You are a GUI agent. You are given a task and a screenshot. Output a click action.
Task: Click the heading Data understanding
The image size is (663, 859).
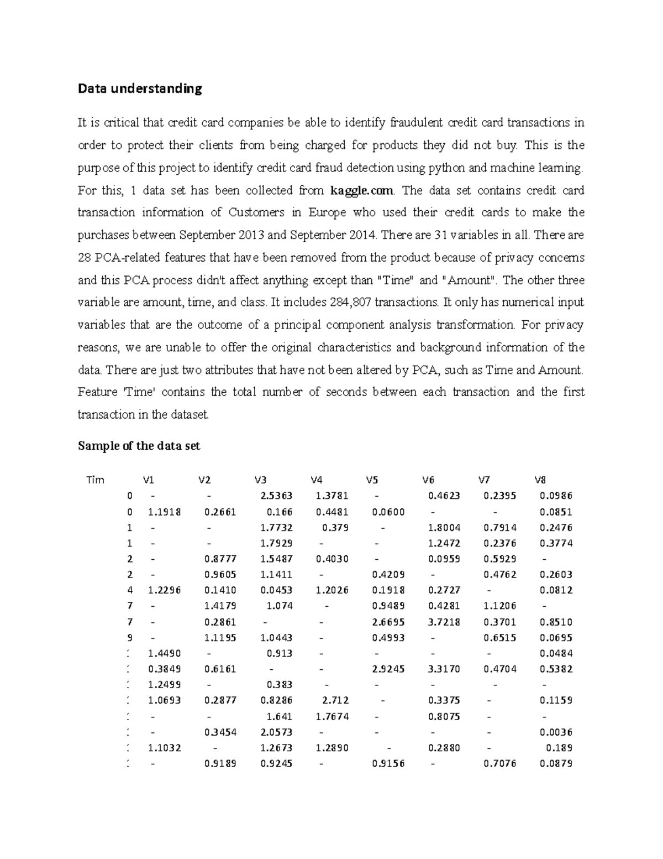coord(140,88)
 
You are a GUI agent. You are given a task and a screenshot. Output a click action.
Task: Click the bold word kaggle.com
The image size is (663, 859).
coord(361,191)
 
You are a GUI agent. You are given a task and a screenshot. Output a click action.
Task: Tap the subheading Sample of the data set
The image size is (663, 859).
coord(139,446)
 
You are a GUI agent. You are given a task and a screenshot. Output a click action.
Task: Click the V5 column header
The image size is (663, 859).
coord(372,480)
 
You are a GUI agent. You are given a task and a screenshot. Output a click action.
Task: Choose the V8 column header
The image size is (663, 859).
coord(540,480)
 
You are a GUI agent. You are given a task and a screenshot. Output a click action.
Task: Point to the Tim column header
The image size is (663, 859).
coord(95,480)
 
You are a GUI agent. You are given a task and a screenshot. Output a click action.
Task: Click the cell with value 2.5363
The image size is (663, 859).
coord(276,496)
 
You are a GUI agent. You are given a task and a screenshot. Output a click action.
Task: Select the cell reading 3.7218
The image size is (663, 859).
coord(444,622)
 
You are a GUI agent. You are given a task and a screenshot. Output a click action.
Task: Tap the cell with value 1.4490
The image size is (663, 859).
coord(165,653)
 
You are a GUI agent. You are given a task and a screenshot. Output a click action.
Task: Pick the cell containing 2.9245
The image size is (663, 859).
coord(388,669)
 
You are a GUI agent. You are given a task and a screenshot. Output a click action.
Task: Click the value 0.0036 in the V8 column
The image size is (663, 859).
coord(556,732)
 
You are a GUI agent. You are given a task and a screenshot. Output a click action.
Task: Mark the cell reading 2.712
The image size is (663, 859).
coord(335,700)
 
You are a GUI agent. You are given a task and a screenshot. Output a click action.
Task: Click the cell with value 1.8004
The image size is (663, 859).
coord(444,528)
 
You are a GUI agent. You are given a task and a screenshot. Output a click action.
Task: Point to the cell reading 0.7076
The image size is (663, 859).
coord(500,764)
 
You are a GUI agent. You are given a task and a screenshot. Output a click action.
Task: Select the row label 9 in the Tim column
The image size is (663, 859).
coord(130,638)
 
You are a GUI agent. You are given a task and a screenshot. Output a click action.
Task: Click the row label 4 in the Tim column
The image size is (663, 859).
coord(130,590)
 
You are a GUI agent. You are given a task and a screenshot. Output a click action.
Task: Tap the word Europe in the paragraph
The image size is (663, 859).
coord(327,213)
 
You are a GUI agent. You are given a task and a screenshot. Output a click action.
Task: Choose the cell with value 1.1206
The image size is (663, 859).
coord(500,606)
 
